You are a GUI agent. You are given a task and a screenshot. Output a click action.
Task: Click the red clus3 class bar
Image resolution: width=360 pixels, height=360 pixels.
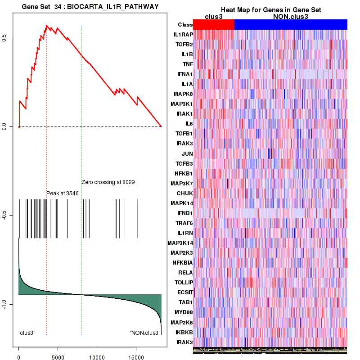click(214, 24)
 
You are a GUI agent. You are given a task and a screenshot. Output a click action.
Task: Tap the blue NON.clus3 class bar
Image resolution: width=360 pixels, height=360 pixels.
click(291, 24)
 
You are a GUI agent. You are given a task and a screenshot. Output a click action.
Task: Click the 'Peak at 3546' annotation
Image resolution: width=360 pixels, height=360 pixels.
click(63, 193)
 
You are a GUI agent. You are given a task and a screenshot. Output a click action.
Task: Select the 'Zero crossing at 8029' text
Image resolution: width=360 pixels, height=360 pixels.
click(108, 182)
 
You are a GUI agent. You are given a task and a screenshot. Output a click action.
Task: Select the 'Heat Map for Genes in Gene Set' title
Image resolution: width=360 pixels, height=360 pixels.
click(270, 10)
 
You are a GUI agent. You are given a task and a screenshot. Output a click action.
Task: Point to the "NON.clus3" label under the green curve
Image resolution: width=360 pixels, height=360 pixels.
click(145, 333)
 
